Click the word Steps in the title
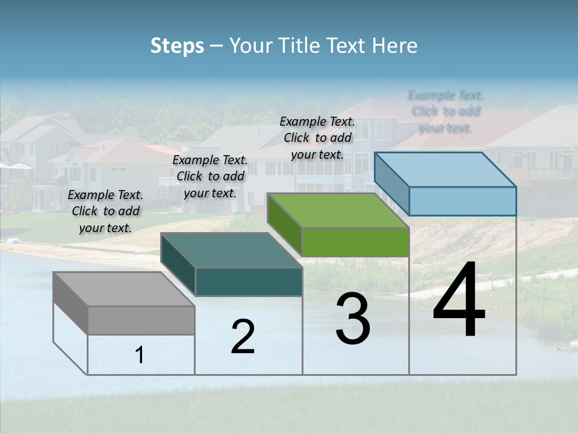tap(177, 46)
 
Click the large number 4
tap(459, 301)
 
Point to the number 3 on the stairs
tap(353, 319)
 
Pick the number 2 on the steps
tap(243, 337)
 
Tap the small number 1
tap(140, 355)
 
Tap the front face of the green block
tap(355, 242)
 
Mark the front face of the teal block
tap(249, 281)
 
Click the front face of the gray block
tap(141, 320)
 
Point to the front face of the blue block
tap(462, 201)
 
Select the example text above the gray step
tap(105, 212)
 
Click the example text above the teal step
tap(210, 177)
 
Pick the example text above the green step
tap(317, 138)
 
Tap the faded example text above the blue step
tap(446, 111)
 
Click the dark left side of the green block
tap(284, 224)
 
